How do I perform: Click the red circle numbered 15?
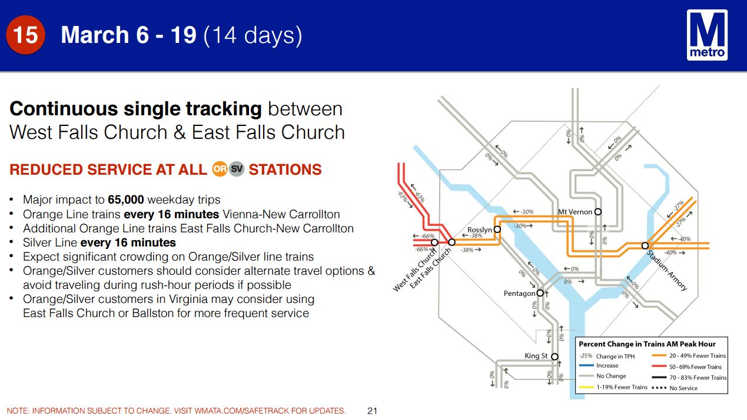point(25,35)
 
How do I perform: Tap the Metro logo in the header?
point(707,35)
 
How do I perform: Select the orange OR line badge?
point(220,169)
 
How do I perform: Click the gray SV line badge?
point(237,169)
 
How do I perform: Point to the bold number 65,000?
point(126,199)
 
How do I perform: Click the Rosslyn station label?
point(480,229)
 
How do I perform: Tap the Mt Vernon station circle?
point(598,212)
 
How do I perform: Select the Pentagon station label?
point(519,294)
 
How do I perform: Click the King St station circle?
point(555,356)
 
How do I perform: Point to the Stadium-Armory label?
point(666,271)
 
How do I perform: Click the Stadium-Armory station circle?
point(645,246)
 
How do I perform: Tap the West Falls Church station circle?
point(434,242)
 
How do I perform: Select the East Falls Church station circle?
point(451,242)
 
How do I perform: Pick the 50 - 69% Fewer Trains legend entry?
point(686,366)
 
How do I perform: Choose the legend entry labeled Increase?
point(599,366)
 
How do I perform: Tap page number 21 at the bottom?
point(372,411)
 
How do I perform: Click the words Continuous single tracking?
point(135,109)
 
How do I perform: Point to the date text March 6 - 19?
point(128,35)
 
